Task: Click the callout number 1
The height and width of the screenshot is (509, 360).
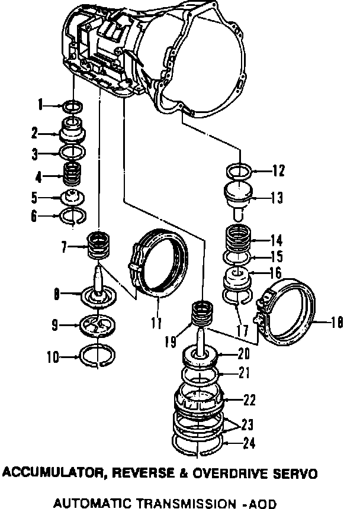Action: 40,106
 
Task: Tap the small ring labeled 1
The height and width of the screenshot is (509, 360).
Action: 72,107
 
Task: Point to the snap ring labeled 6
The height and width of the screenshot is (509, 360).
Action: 73,217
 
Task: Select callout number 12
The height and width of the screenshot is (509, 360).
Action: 278,172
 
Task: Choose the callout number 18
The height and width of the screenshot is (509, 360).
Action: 337,323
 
